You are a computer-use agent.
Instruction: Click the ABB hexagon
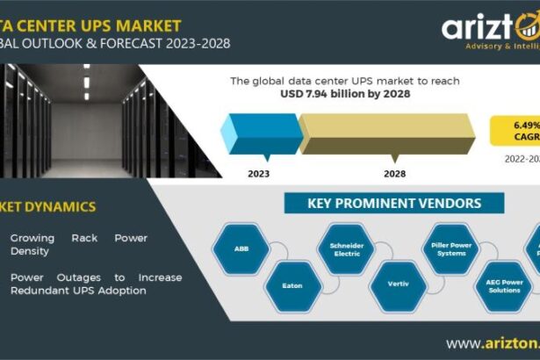tap(241, 248)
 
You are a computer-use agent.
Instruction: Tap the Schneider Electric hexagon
tap(346, 248)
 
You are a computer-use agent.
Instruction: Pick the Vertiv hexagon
tap(399, 285)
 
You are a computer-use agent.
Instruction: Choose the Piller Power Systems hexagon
tap(450, 248)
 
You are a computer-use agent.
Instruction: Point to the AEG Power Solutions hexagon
tap(503, 285)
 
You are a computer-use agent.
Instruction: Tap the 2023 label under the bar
tap(258, 174)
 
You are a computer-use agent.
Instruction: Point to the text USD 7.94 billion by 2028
tap(345, 95)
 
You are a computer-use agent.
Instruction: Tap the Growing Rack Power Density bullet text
tap(79, 244)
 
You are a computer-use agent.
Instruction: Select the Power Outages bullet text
tap(96, 283)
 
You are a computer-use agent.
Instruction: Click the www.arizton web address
tap(492, 343)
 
